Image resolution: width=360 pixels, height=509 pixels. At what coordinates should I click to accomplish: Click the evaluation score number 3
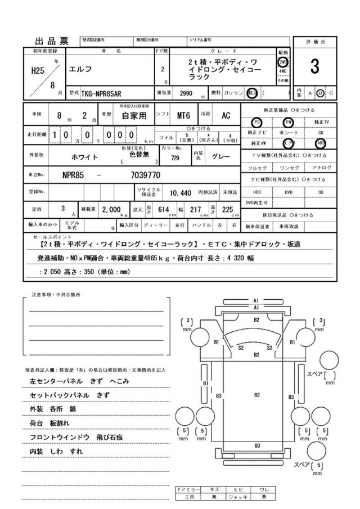314,66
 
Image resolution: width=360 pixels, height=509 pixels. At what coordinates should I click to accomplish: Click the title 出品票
51,40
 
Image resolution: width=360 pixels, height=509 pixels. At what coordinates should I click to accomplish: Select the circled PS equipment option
256,121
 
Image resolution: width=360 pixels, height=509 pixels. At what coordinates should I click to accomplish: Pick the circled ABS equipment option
321,143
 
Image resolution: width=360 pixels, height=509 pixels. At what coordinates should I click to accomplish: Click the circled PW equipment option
289,121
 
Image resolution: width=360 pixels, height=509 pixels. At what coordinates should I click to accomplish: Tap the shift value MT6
183,116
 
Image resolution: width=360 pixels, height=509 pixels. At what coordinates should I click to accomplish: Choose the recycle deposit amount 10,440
181,192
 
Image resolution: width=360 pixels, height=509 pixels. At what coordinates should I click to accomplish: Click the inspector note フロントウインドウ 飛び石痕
76,437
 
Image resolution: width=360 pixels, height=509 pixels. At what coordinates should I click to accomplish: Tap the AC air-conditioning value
225,116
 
